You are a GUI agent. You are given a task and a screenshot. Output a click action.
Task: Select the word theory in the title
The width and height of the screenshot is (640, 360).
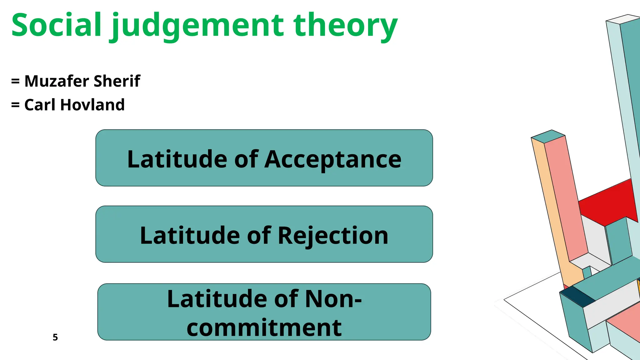pyautogui.click(x=346, y=27)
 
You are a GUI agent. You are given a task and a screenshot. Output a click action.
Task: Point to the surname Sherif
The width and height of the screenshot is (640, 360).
pyautogui.click(x=117, y=81)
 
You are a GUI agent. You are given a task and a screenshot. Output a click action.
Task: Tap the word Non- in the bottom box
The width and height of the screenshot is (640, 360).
pyautogui.click(x=333, y=299)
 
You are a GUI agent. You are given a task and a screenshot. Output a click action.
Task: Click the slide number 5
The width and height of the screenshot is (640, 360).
pyautogui.click(x=55, y=337)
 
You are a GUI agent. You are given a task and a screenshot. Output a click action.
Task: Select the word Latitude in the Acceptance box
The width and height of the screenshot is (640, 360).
pyautogui.click(x=177, y=159)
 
